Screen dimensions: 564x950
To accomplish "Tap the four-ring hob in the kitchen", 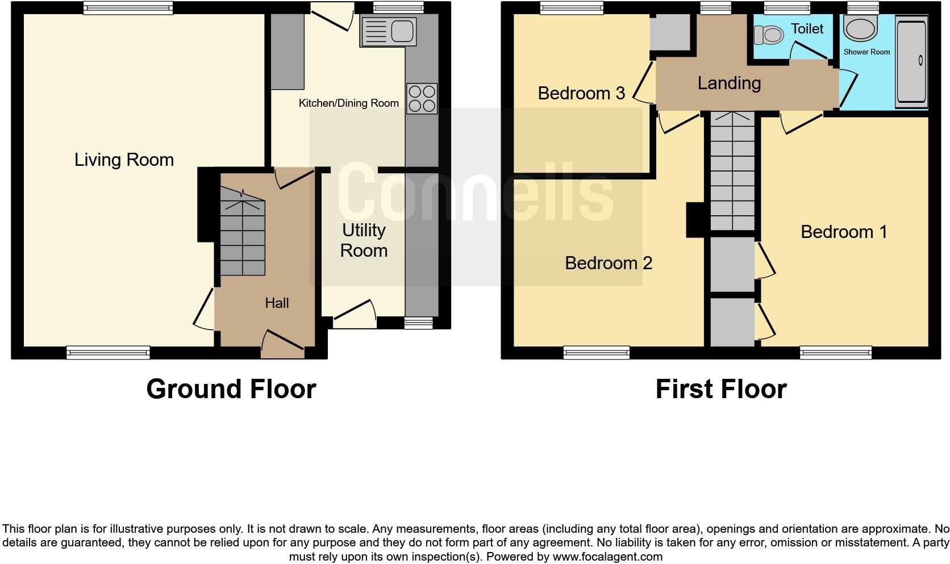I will pyautogui.click(x=422, y=99).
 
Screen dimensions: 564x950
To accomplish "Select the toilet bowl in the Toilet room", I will pyautogui.click(x=768, y=35).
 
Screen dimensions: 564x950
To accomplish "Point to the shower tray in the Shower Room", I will pyautogui.click(x=911, y=61).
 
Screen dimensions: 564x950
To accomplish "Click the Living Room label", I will pyautogui.click(x=124, y=160).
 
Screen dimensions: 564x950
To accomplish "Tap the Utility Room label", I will pyautogui.click(x=364, y=240).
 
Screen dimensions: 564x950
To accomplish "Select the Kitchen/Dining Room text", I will pyautogui.click(x=348, y=103).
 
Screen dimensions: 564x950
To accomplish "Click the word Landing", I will pyautogui.click(x=729, y=83).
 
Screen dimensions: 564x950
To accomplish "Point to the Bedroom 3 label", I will pyautogui.click(x=581, y=93).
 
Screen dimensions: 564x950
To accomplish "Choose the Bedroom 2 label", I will pyautogui.click(x=608, y=263).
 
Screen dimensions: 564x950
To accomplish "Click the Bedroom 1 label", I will pyautogui.click(x=843, y=232).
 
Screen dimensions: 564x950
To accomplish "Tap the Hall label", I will pyautogui.click(x=277, y=303).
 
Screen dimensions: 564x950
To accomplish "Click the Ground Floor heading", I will pyautogui.click(x=231, y=390).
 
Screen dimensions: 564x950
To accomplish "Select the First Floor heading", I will pyautogui.click(x=720, y=390).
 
